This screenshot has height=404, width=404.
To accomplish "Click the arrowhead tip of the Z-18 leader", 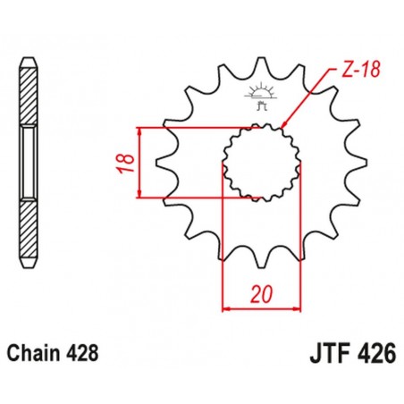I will [280, 130].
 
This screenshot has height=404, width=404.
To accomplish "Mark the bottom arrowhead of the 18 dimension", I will [141, 195].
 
